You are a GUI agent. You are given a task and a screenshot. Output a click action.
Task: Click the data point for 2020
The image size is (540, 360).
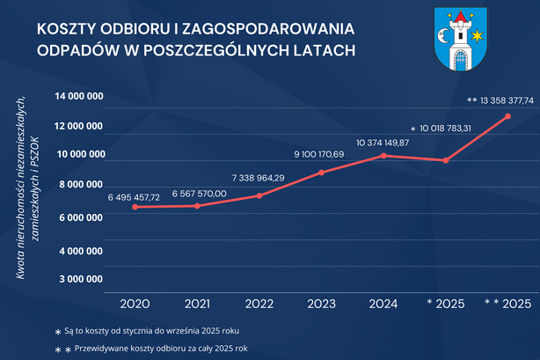[135, 207]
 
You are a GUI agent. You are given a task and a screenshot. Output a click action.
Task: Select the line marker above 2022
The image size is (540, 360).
[259, 195]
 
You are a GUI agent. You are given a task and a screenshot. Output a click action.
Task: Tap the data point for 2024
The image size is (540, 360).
[383, 156]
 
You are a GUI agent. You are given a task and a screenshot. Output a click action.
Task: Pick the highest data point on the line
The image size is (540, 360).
[507, 116]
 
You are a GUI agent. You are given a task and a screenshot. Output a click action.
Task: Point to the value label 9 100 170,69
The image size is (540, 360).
[319, 156]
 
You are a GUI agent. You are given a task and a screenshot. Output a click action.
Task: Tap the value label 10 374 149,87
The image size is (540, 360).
[383, 142]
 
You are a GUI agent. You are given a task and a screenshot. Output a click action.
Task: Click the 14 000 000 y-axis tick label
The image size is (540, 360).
[78, 96]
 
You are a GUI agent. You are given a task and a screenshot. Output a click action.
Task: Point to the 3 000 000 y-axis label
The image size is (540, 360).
[78, 279]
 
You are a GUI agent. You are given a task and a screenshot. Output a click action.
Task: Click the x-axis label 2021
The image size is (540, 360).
[196, 304]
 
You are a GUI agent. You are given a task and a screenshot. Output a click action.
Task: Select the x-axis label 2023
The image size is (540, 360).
[320, 304]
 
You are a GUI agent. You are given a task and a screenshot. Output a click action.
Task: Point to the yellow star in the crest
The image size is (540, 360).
[478, 36]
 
